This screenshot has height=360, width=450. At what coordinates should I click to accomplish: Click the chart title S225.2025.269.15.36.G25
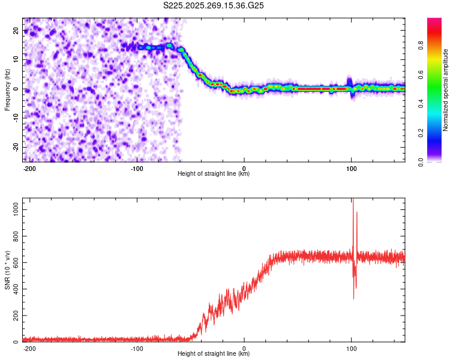214,5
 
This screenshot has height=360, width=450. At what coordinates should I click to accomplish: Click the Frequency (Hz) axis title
7,89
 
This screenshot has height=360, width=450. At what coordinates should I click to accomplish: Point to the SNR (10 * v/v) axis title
7,270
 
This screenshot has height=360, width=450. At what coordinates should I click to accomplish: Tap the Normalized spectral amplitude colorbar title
446,90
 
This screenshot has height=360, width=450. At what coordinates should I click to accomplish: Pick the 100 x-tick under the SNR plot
352,348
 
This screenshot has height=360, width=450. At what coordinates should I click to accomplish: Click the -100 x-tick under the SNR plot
137,348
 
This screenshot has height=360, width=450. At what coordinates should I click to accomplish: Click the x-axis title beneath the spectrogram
214,174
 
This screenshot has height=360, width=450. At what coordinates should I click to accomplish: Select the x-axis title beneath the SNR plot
214,354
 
